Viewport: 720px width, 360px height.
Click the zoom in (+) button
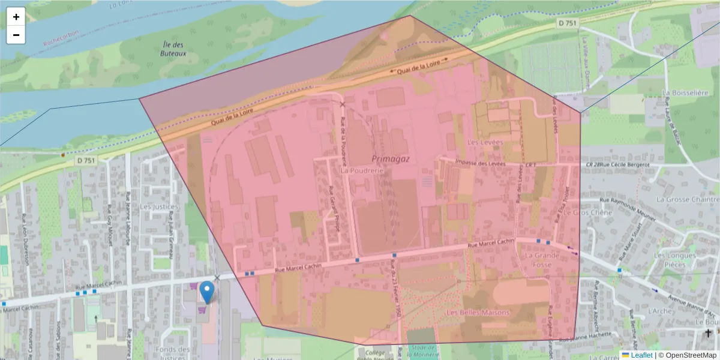coord(16,17)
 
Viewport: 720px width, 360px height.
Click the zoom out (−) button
coord(16,35)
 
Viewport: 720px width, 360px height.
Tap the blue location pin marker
coord(207,292)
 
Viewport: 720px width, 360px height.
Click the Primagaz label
coord(390,158)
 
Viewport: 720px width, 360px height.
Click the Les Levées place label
coord(484,142)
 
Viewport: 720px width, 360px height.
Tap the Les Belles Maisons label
coord(478,313)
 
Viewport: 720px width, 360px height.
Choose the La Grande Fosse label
coord(542,259)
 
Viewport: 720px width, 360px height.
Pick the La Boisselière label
coord(685,93)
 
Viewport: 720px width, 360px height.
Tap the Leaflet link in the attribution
coord(641,355)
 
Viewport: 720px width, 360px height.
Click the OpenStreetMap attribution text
coord(688,355)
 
